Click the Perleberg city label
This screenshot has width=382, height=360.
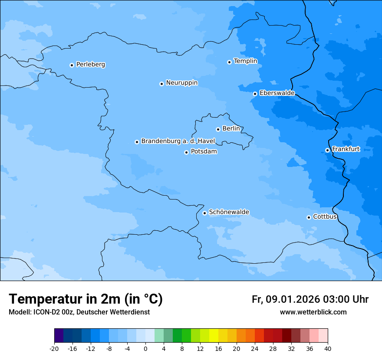coord(90,65)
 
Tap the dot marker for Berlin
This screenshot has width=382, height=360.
coord(218,129)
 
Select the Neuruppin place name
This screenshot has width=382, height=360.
coord(181,83)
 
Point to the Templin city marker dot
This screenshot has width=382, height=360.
coord(229,62)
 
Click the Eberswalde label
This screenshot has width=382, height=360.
coord(277,93)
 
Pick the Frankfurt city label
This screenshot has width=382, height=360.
coord(346,149)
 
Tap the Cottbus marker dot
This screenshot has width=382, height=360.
coord(309,217)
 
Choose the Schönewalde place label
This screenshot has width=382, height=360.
coord(229,212)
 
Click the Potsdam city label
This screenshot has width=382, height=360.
coord(204,152)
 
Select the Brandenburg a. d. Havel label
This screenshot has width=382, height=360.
coord(178,141)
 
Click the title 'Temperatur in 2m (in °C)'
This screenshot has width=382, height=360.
coord(86,299)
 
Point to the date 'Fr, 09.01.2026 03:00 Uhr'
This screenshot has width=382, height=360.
coord(310,299)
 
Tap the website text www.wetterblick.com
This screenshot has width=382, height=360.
coord(313,312)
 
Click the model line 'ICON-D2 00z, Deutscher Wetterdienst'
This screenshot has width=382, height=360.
coord(79,312)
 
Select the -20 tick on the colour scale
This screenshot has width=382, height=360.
coord(54,348)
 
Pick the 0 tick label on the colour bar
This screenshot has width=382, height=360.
coord(145,348)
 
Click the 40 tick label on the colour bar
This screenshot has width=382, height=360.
coord(328,348)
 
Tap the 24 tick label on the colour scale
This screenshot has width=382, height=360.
coord(255,348)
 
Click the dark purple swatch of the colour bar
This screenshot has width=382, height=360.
coord(59,336)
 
